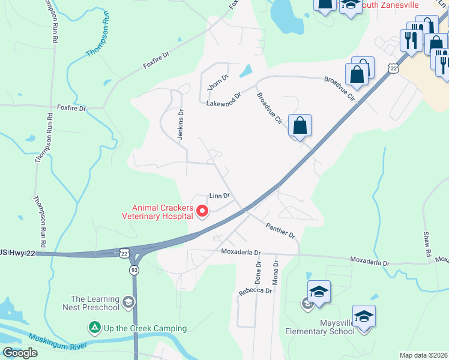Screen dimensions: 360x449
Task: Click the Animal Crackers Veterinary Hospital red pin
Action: (x=202, y=211)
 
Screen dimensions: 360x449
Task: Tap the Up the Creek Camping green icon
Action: (x=94, y=328)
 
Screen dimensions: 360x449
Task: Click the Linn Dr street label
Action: (x=219, y=196)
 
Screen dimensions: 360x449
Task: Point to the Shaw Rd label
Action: (x=427, y=243)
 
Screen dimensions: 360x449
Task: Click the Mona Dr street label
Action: (x=276, y=272)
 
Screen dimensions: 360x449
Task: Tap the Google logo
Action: (x=20, y=353)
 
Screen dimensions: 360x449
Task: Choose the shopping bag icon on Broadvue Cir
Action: (x=300, y=127)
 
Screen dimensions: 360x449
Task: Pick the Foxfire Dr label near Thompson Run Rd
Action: (x=71, y=109)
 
